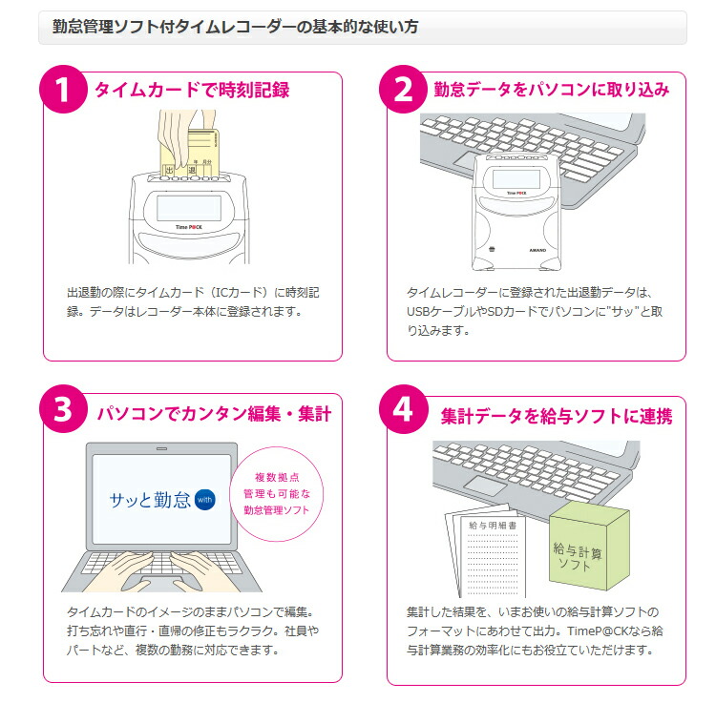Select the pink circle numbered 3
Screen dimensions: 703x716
[x=63, y=411]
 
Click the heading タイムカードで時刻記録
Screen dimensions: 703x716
[x=191, y=91]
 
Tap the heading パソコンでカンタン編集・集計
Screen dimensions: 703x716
[x=214, y=414]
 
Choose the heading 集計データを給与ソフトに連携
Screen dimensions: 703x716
[x=557, y=416]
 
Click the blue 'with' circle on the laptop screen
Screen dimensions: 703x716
[x=205, y=499]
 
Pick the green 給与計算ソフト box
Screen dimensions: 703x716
[x=587, y=548]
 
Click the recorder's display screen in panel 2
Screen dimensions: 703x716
[x=515, y=177]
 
